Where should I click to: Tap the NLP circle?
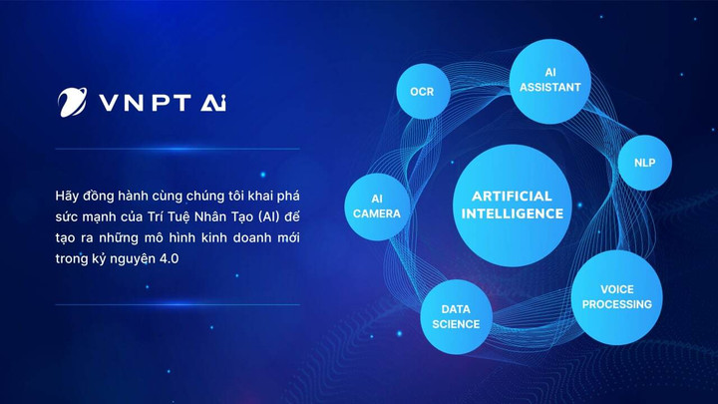[645, 162]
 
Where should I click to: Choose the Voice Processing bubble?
[617, 297]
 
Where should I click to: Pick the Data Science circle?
[456, 317]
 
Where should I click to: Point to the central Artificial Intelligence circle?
[518, 205]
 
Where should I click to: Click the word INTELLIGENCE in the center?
[518, 214]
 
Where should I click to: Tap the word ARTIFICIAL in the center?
[518, 197]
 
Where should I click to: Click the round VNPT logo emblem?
[73, 102]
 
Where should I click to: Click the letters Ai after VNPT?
[212, 103]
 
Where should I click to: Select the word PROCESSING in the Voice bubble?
[617, 304]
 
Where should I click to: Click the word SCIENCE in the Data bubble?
[456, 324]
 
